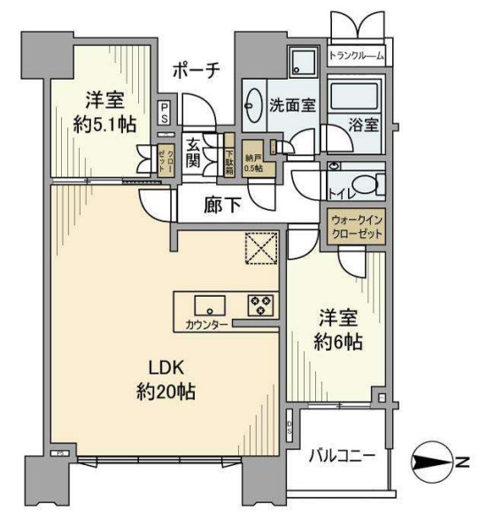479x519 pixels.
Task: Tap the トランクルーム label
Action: click(356, 56)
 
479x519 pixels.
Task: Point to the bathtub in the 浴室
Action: click(353, 97)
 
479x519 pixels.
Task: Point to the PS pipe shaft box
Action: click(165, 112)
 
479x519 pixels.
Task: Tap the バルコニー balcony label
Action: click(343, 457)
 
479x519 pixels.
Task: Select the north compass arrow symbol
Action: click(435, 462)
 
